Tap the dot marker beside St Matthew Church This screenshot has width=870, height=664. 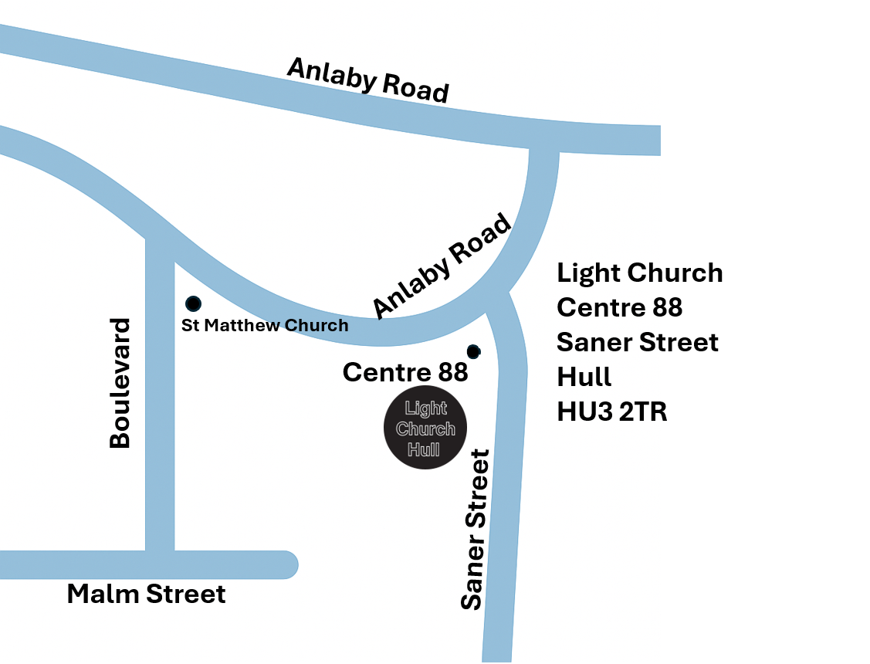pos(193,303)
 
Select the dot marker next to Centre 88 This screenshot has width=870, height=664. pos(474,351)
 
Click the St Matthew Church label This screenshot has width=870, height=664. pos(265,325)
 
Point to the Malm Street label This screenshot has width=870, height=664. pos(147,595)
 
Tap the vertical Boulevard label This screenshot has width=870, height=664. pos(120,383)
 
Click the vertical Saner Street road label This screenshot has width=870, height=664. pos(475,530)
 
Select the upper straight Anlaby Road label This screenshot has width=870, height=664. pos(367,80)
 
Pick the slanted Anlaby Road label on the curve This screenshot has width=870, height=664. pos(442,266)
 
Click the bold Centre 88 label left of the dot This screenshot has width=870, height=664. pos(405,372)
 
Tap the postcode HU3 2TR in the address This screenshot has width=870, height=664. pos(612,412)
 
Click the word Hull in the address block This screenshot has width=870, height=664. pos(584,377)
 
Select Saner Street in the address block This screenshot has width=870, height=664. pos(638,342)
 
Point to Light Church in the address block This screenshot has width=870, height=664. pos(640,273)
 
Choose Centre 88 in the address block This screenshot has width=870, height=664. pos(620,307)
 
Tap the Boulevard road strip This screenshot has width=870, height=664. pos(160,401)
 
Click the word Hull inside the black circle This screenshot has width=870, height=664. pos(424,449)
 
